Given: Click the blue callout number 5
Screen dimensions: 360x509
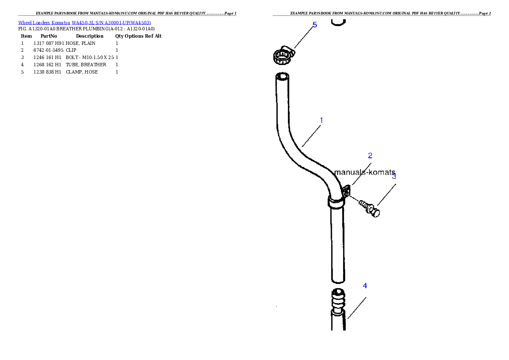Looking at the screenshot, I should [315, 25].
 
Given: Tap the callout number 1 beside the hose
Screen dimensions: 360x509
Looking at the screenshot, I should [321, 120].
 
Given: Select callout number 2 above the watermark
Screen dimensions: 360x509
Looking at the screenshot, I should [370, 156].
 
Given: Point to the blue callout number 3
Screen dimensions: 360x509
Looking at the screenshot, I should [394, 176].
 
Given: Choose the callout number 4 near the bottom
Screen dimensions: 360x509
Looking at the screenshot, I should [365, 286].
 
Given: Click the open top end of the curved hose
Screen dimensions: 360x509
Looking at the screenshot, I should [281, 77].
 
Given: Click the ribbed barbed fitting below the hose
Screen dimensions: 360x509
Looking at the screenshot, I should [338, 301].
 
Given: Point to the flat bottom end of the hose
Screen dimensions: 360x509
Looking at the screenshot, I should [338, 280].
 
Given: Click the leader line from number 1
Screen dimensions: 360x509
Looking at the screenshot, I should [311, 136].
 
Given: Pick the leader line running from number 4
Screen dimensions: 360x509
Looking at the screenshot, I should [357, 308].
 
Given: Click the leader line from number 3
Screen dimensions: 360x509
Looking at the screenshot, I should [386, 195].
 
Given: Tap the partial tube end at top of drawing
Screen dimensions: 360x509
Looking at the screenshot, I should [338, 22].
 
